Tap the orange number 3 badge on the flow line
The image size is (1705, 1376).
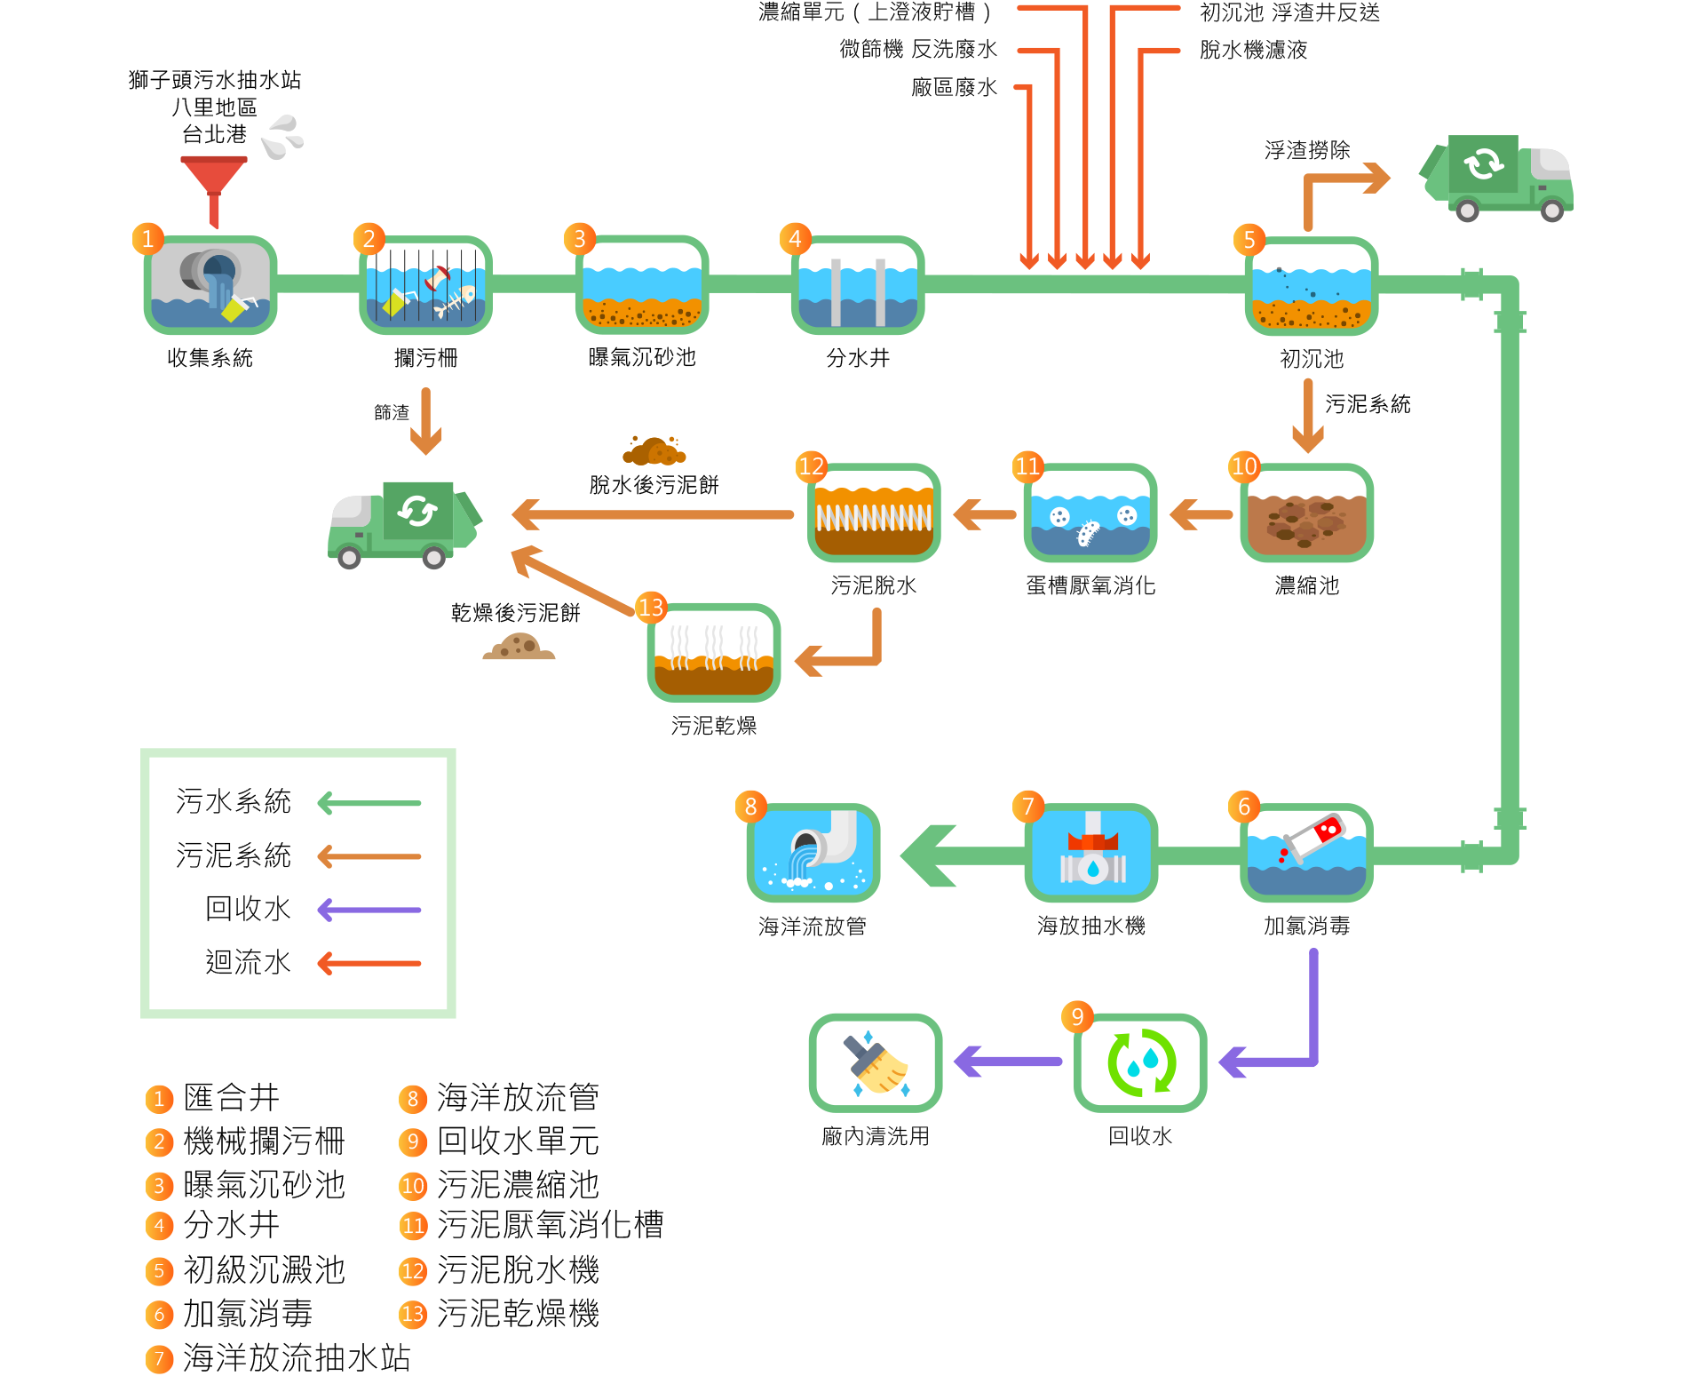pos(579,239)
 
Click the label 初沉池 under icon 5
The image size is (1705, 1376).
pos(1311,359)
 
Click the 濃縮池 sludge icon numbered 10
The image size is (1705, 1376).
pos(1306,513)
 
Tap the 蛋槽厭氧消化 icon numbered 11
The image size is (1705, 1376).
pos(1090,513)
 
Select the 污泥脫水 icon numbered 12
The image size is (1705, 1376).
pos(874,513)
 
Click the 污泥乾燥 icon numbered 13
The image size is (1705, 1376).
pos(714,653)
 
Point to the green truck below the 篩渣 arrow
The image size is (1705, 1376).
pos(404,524)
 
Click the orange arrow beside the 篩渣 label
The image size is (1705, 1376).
pos(427,421)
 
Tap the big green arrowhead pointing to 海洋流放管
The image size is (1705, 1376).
pos(929,855)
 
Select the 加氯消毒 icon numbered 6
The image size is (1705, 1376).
pos(1306,853)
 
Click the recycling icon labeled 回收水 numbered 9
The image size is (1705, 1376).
pos(1140,1062)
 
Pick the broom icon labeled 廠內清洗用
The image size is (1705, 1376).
pos(876,1062)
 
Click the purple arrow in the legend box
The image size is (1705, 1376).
pos(369,910)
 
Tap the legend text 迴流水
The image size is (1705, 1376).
pos(248,962)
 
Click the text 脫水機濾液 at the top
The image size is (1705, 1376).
pos(1253,50)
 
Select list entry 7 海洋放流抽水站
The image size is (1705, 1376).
pos(296,1357)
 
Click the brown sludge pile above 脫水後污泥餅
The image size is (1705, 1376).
pos(654,451)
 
